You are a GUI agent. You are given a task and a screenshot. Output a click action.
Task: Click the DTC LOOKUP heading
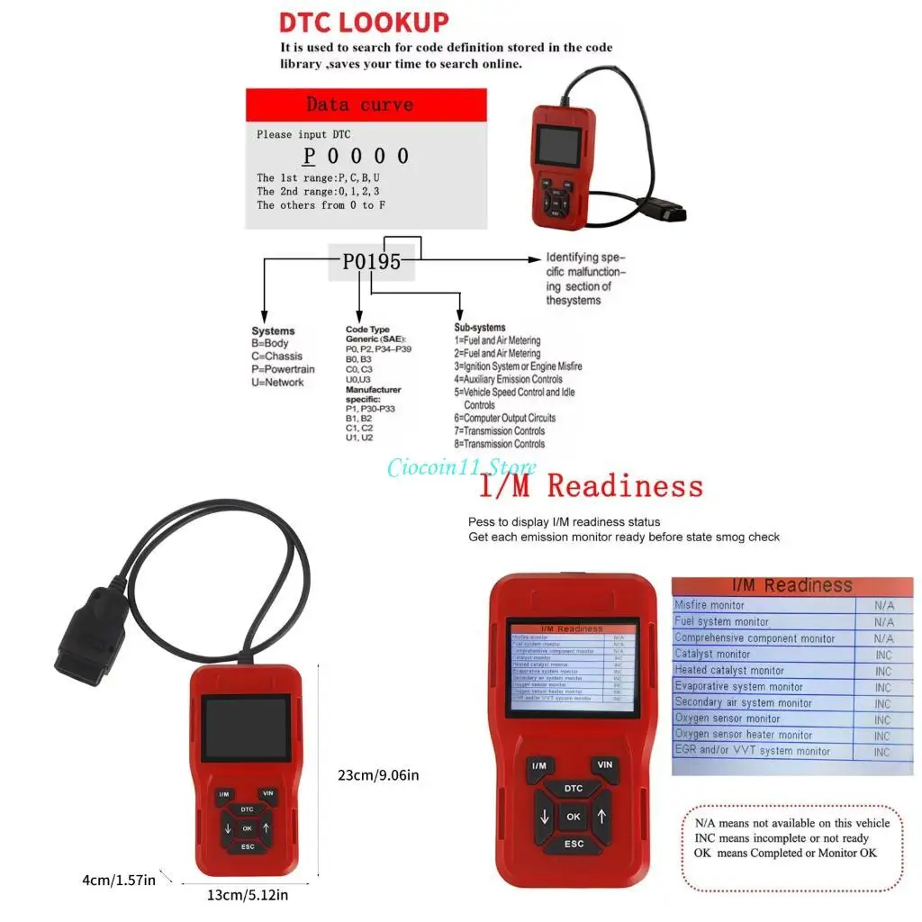tap(364, 22)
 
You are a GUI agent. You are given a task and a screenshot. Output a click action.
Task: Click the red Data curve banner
tap(366, 104)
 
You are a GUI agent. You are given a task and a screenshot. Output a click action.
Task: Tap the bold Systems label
tap(273, 331)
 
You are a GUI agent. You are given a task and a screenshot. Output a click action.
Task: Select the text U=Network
tap(278, 383)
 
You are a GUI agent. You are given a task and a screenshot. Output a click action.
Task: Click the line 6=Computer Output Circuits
tap(504, 418)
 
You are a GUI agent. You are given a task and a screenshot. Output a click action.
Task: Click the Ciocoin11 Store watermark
tap(461, 467)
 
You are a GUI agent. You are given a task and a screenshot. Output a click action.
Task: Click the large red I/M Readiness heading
tap(590, 487)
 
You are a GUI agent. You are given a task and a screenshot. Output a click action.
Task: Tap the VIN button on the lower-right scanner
tap(604, 765)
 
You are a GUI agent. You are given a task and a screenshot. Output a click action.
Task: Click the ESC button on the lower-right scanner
tap(574, 845)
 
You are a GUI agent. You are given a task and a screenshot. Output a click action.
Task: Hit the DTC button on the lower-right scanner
tap(573, 789)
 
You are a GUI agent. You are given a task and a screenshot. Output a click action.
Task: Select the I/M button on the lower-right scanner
tap(539, 766)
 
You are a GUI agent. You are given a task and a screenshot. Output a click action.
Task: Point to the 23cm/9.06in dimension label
tap(378, 774)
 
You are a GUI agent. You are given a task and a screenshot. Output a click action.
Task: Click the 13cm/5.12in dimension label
tap(246, 894)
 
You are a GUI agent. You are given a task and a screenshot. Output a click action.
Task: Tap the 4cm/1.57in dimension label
tap(119, 880)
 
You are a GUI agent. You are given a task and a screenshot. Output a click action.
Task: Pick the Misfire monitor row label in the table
tap(710, 605)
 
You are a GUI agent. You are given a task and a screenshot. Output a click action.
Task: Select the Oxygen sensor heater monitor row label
tap(744, 735)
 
